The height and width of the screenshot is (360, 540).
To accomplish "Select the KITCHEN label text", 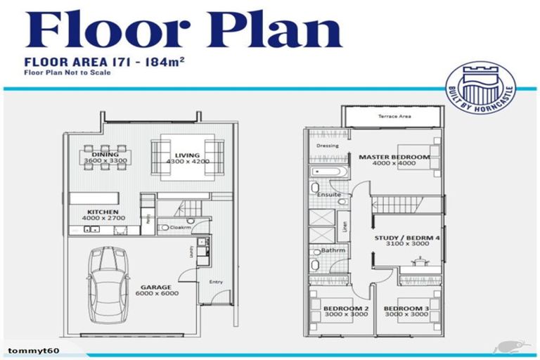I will [x=103, y=211].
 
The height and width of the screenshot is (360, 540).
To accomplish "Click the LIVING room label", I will [x=184, y=155].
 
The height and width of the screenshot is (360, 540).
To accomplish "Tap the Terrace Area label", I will [x=393, y=115].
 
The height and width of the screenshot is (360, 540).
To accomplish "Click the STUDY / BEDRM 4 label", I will [x=407, y=238].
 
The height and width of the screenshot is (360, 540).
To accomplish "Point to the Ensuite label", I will [x=329, y=194].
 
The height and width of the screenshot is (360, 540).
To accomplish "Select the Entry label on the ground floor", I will [x=216, y=282].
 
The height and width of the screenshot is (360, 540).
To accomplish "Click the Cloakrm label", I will [x=181, y=227].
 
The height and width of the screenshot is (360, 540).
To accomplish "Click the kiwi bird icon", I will [x=505, y=347].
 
